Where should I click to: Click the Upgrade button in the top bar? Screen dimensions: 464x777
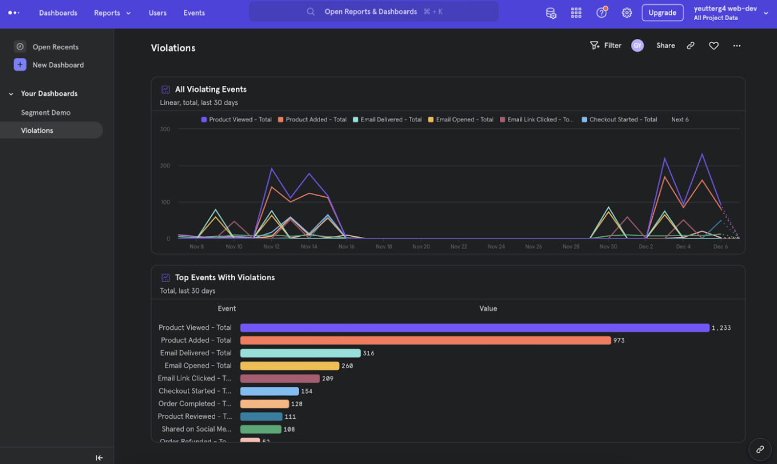tap(662, 13)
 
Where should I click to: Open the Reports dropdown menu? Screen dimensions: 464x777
tap(112, 13)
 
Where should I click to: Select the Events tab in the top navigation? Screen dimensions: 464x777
tap(194, 13)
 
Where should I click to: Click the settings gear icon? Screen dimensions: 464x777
tap(627, 13)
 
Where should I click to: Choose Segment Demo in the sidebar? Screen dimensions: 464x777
tap(46, 113)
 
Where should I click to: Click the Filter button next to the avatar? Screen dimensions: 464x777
tap(606, 46)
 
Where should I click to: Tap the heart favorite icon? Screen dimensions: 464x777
tap(713, 46)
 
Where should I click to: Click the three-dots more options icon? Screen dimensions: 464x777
tap(736, 46)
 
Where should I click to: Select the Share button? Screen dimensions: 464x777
tap(665, 46)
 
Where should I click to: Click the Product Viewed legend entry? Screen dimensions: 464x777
tap(236, 120)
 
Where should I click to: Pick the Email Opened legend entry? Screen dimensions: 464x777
tap(461, 120)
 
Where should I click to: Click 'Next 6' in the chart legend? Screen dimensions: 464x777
tap(680, 120)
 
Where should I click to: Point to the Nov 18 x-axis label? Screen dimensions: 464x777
tap(384, 247)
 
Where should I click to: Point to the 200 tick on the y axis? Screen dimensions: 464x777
tap(165, 166)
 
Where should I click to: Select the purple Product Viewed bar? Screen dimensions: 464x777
tap(474, 328)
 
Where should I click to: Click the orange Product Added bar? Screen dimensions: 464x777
tap(425, 340)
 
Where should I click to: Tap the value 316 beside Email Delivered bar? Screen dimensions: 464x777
tap(369, 354)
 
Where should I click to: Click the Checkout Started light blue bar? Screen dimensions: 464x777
tap(269, 391)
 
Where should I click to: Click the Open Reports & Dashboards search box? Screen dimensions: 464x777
tap(373, 12)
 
